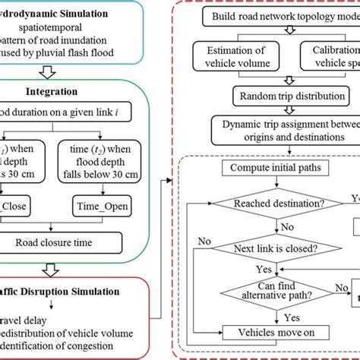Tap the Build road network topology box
pos(281,16)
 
